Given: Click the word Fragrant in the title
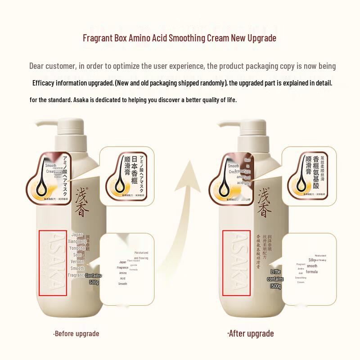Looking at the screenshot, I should click(97, 38).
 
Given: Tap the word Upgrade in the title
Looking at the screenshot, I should click(260, 38).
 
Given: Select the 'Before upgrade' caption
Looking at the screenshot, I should click(76, 333).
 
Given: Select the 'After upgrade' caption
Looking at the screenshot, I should click(250, 333).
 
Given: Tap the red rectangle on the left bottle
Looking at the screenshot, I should click(53, 263).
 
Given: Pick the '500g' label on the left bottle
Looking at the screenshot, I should click(94, 282).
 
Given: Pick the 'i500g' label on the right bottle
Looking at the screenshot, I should click(275, 286).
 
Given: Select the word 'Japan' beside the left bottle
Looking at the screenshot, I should click(77, 234).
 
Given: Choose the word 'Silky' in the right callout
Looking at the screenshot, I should click(311, 260).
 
